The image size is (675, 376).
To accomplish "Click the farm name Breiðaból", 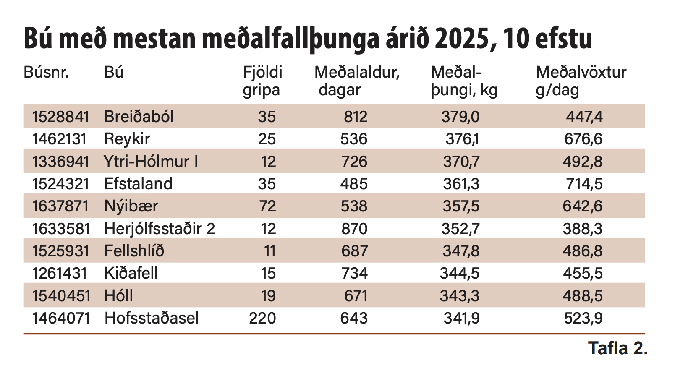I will tap(139, 116).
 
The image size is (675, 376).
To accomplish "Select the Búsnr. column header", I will tap(46, 72).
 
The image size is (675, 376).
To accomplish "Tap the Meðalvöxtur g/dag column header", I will tap(581, 81).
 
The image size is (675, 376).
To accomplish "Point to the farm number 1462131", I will tap(60, 139).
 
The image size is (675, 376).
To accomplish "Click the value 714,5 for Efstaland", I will tap(584, 184).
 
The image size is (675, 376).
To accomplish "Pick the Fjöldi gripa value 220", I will tap(262, 318).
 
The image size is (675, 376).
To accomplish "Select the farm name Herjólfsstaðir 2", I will tap(160, 229).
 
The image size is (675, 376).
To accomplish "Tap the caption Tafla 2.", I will tap(617, 348).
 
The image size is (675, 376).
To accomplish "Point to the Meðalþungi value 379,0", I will tap(460, 116).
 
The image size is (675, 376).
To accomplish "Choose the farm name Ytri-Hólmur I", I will tap(151, 162).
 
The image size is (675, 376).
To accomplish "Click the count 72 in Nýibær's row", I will tap(267, 206).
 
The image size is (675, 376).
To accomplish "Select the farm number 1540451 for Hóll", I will tap(61, 296).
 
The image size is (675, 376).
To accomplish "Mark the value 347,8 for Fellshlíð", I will tap(461, 251).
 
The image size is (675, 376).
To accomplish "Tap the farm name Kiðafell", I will tap(131, 273).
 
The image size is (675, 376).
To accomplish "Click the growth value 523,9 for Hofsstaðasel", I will tap(583, 318).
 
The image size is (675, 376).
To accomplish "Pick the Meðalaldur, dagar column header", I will tap(357, 81).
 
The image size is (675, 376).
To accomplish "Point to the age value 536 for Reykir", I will tap(354, 139).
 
